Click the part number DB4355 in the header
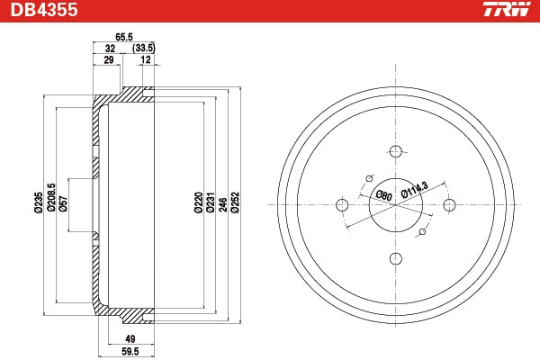[44, 10]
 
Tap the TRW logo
[507, 9]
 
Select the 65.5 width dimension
[124, 37]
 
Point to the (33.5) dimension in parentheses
[144, 49]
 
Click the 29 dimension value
[109, 59]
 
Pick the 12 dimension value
[146, 59]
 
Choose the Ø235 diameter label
[39, 202]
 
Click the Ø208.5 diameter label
[51, 197]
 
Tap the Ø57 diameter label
[63, 203]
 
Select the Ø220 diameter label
[198, 202]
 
